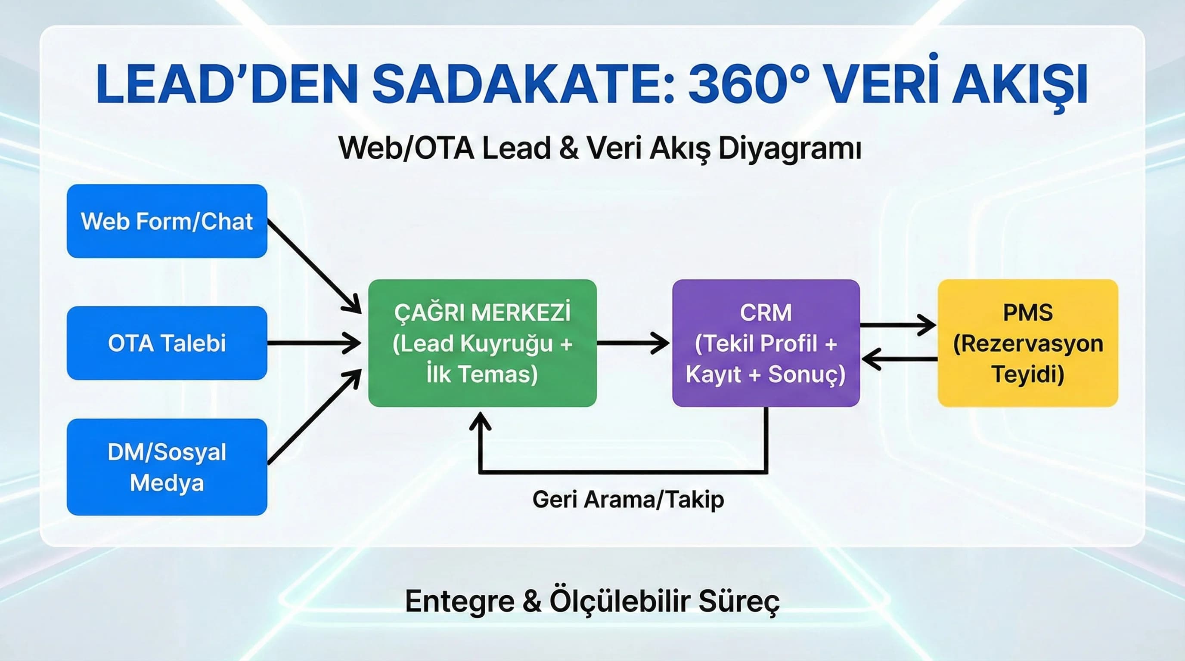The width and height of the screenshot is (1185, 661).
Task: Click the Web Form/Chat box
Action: [167, 221]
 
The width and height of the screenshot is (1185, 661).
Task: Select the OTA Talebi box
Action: [167, 343]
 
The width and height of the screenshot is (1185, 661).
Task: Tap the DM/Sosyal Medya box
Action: [167, 466]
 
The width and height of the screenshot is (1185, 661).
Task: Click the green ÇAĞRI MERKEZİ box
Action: [482, 343]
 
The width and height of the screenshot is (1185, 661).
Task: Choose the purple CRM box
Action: [766, 343]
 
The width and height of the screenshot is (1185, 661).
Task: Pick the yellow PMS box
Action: [1028, 343]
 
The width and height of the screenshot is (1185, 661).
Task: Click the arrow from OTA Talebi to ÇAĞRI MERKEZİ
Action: [313, 343]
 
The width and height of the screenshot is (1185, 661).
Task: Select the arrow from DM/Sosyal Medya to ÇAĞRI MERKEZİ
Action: [313, 418]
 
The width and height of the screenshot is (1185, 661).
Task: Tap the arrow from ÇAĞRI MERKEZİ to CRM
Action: [633, 343]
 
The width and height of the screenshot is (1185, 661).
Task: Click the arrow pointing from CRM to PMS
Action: [897, 325]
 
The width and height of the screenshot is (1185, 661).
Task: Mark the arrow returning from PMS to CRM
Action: [900, 358]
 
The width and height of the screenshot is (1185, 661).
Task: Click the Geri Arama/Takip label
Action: [628, 499]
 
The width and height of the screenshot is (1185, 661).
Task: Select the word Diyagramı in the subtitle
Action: [789, 149]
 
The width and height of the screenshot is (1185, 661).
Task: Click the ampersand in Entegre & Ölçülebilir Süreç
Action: [532, 601]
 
